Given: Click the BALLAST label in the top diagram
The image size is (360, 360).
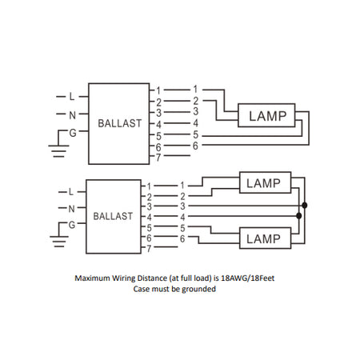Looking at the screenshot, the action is (x=120, y=123).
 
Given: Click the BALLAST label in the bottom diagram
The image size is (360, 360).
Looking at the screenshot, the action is (x=113, y=216).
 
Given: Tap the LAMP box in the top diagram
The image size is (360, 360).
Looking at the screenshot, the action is (x=266, y=115).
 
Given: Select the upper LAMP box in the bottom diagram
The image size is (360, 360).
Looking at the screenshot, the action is (x=265, y=182).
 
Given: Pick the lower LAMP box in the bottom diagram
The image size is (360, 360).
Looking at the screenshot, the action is (x=265, y=238).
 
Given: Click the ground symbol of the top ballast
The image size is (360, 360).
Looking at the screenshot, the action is (x=58, y=151).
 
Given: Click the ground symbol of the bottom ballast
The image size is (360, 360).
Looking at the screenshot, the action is (x=59, y=242).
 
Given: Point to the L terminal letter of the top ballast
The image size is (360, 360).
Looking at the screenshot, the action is (x=72, y=97).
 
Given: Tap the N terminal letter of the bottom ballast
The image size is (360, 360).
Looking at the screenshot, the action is (x=71, y=209).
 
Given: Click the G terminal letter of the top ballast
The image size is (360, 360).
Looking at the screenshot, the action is (x=73, y=133).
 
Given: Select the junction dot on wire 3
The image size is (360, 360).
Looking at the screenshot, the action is (x=305, y=206).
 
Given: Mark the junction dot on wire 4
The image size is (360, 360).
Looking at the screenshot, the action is (x=299, y=216).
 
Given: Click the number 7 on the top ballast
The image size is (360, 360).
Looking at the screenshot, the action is (x=158, y=158).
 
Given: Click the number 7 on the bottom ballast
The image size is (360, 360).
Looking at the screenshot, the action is (x=149, y=249).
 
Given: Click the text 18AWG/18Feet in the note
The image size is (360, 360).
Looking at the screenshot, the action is (x=248, y=278).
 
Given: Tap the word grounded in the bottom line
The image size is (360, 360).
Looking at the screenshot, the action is (x=199, y=290).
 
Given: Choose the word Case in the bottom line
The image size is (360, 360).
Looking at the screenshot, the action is (x=142, y=289).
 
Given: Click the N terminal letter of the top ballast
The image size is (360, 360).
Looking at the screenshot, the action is (x=73, y=115).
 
